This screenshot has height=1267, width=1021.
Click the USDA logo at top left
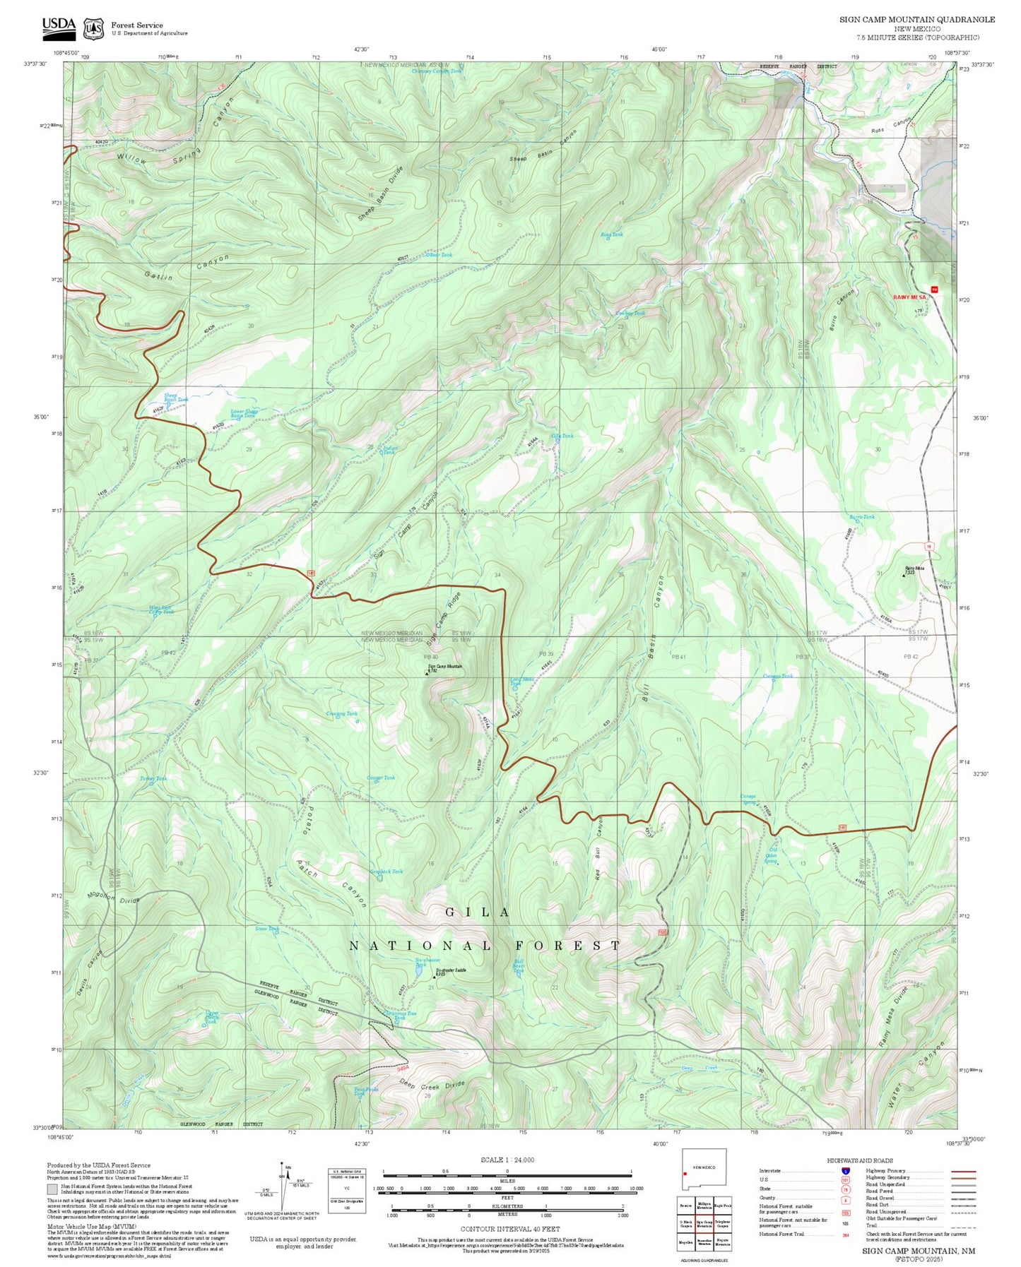(x=59, y=27)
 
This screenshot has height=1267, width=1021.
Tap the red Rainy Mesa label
(x=909, y=297)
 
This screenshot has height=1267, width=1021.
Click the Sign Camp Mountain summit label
(x=446, y=667)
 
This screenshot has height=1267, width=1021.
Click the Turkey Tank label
(x=153, y=779)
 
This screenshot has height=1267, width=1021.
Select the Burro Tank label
(x=862, y=517)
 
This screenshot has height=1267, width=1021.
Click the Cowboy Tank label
(x=630, y=314)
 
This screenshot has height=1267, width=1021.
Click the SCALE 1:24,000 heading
(x=507, y=1160)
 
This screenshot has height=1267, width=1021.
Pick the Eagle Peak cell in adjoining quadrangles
(x=722, y=1206)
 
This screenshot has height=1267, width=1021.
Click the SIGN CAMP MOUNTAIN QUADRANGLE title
(x=917, y=20)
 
